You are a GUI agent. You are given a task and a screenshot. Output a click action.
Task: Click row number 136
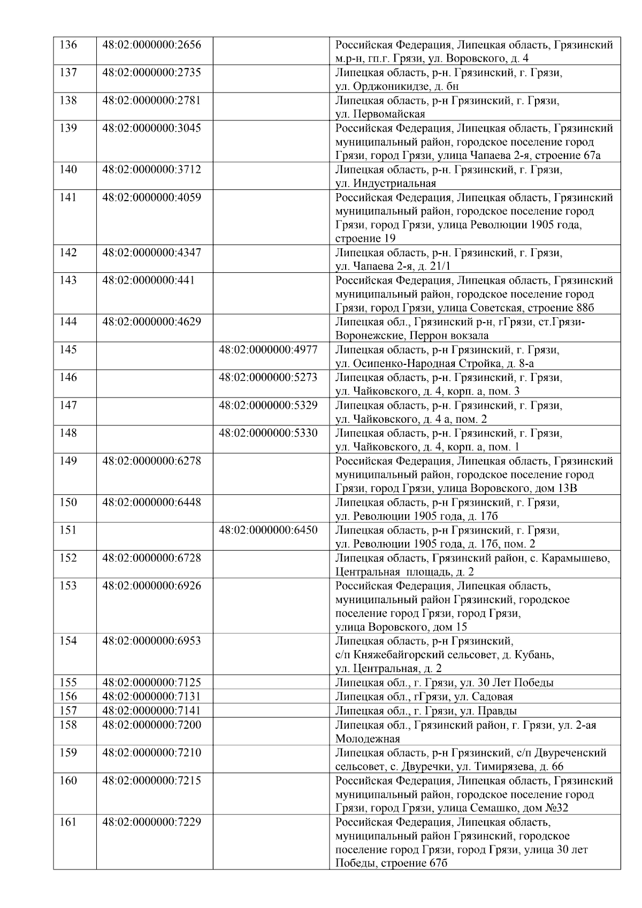point(68,44)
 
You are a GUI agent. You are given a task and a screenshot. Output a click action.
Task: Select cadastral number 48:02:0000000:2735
point(151,72)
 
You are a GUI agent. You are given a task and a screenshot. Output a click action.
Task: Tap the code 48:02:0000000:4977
point(268,350)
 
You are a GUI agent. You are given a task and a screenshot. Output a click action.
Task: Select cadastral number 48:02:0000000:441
point(148,280)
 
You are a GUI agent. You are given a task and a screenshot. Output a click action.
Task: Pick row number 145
point(68,350)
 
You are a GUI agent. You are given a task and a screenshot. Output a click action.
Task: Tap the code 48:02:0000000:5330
point(268,433)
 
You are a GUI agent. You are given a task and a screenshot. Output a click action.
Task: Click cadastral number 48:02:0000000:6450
point(268,530)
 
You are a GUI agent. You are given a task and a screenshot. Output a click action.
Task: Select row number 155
point(68,683)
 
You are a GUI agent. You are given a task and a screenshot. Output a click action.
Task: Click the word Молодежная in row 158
point(368,739)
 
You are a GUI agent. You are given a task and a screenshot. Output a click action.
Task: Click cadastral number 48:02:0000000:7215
point(151,781)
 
